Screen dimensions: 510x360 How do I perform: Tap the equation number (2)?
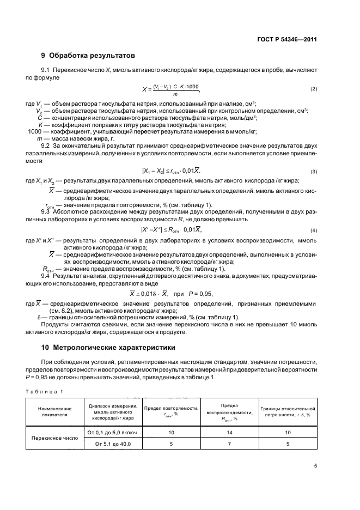tap(313, 89)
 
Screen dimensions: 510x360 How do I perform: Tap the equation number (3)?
tap(313, 172)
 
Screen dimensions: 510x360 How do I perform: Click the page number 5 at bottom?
tap(315, 465)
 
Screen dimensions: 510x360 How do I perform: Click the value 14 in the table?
tap(229, 432)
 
